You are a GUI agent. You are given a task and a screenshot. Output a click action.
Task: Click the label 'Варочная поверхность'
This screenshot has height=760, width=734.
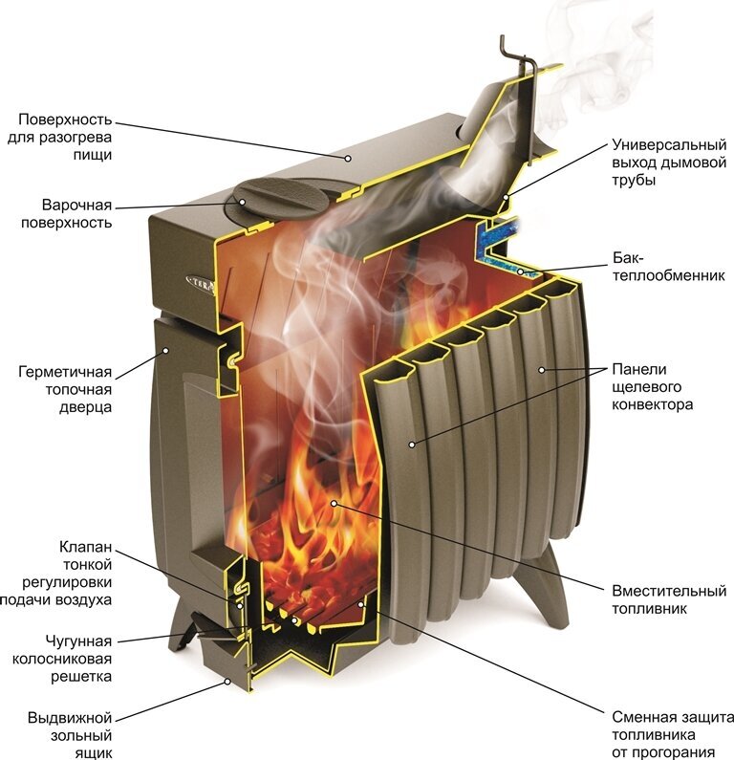pyautogui.click(x=76, y=214)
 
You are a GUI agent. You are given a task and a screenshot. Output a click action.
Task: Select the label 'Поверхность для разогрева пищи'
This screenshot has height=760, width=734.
pyautogui.click(x=65, y=137)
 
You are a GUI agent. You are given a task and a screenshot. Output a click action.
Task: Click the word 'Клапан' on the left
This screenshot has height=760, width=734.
pyautogui.click(x=85, y=548)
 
